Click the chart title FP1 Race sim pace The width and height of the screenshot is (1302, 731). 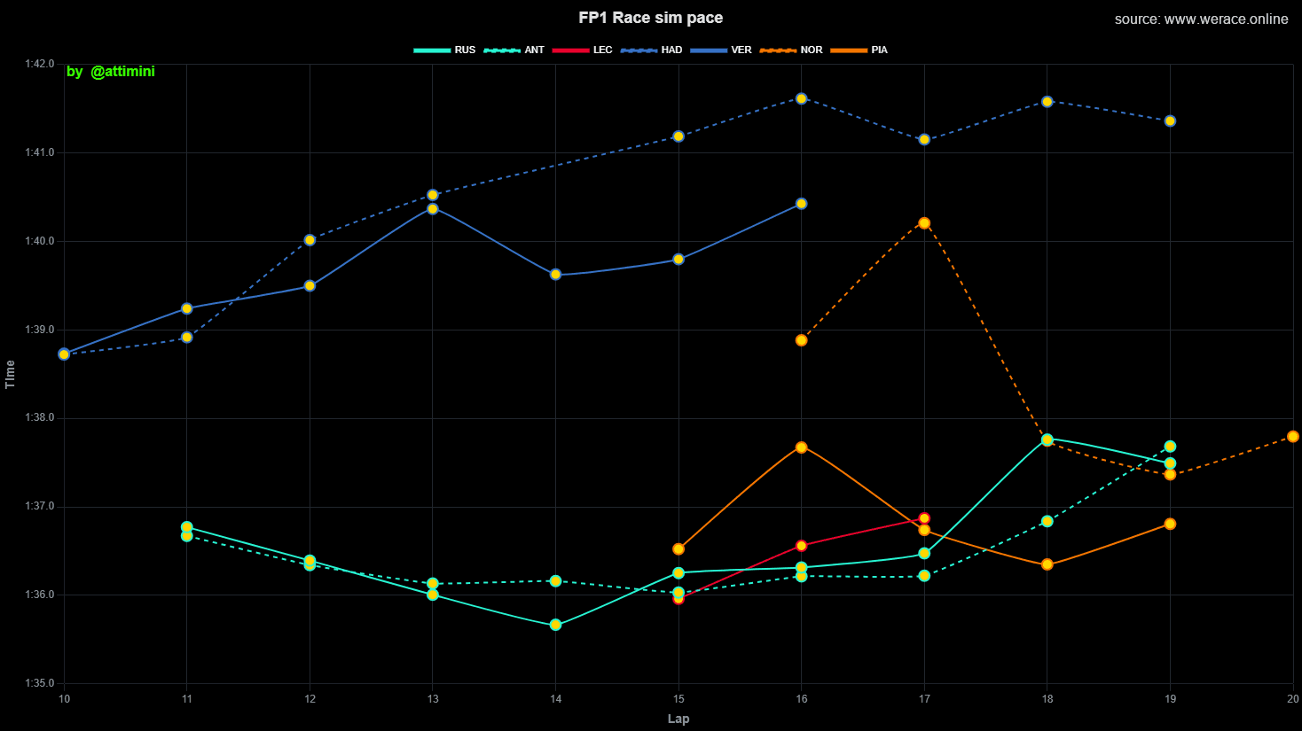coord(650,18)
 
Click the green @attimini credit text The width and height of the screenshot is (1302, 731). coord(111,71)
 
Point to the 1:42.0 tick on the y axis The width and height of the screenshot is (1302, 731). coord(39,64)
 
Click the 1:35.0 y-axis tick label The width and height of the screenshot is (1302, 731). coord(39,683)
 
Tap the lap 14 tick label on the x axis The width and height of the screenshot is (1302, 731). coord(556,699)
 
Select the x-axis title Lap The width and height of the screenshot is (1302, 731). coord(678,719)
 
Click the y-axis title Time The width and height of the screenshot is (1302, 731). coord(11,374)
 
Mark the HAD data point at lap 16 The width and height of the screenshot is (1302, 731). coord(801,98)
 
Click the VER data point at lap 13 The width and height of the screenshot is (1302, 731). coord(433,209)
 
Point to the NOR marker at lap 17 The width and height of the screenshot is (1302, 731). coord(924,223)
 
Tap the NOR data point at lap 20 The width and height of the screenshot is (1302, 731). coord(1292,437)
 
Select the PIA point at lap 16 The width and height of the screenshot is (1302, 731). coord(801,447)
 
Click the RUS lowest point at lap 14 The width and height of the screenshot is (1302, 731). coord(555,625)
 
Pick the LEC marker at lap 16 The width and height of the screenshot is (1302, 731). coord(801,546)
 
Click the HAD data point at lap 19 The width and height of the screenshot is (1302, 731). coord(1170,121)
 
